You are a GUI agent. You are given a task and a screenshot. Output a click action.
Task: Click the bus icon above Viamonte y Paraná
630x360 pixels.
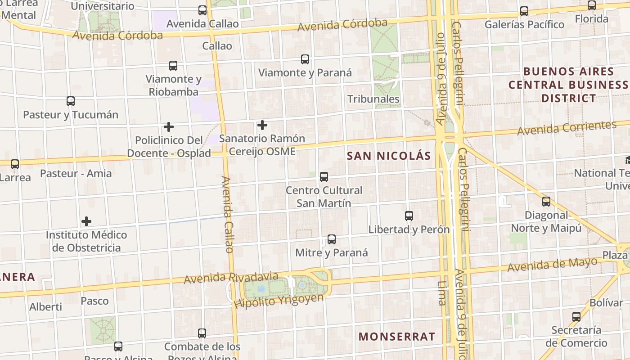tap(305, 59)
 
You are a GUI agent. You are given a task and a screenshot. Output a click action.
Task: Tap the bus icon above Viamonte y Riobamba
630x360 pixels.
tap(173, 66)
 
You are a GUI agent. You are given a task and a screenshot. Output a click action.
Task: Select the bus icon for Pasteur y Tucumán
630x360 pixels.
tap(71, 101)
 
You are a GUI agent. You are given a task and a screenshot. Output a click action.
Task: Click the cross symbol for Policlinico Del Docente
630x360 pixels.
tap(169, 127)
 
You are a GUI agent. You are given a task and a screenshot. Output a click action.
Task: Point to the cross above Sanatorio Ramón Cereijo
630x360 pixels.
tap(262, 125)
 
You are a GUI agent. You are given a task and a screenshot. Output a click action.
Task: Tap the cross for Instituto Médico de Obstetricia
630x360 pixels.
tap(86, 221)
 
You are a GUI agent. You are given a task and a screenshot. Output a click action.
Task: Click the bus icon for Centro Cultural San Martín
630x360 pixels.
tap(324, 177)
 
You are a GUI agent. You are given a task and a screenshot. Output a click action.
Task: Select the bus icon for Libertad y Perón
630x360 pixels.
tap(409, 216)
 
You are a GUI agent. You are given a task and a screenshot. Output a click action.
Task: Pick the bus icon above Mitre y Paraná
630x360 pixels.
tap(332, 239)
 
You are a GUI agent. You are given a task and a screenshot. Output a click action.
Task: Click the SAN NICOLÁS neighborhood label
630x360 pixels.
tap(389, 156)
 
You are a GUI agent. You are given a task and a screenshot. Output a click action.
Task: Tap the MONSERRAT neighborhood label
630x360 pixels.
tap(397, 337)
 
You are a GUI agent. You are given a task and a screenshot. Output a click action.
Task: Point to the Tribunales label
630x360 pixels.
tap(373, 99)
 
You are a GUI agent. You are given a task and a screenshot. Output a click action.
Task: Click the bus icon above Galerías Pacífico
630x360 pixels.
tap(524, 11)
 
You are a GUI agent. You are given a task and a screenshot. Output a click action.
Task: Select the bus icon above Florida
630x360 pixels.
tap(592, 5)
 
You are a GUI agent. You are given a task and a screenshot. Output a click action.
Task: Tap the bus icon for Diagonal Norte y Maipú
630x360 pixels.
tap(546, 202)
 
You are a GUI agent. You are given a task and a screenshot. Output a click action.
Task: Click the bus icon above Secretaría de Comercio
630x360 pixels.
tap(576, 316)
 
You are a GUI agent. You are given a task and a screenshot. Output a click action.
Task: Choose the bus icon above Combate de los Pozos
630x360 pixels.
tap(202, 333)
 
